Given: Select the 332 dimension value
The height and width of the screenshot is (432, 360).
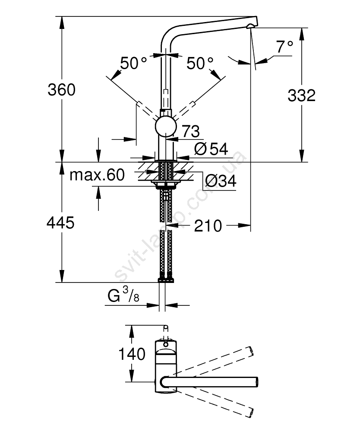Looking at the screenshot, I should click(301, 95).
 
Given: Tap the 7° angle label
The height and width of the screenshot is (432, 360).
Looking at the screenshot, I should click(285, 46).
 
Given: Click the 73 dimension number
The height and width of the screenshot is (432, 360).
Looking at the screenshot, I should click(190, 130).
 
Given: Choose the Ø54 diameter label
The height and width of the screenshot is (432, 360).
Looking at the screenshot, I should click(211, 149).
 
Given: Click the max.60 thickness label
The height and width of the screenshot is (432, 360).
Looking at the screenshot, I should click(97, 175).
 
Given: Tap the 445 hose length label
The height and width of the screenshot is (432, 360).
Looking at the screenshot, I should click(61, 223).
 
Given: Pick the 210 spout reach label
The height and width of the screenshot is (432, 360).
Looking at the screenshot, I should click(208, 225).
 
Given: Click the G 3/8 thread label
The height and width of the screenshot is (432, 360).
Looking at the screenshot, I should click(123, 297).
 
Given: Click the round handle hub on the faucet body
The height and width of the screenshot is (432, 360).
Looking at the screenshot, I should click(166, 126).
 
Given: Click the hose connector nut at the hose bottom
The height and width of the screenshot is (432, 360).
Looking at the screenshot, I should click(166, 280).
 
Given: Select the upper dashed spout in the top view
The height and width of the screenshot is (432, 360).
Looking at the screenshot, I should click(216, 361).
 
